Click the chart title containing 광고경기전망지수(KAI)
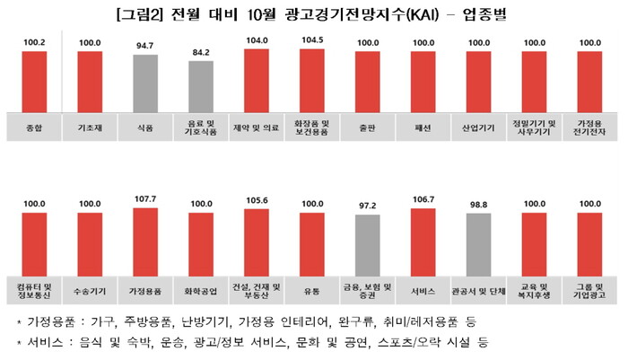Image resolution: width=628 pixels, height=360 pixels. tap(314, 13)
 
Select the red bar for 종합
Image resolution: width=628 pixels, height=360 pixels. tap(33, 81)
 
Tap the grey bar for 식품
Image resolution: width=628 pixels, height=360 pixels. tap(145, 83)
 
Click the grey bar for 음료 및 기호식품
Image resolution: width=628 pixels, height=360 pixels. tap(201, 86)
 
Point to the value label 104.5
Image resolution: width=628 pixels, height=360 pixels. tap(311, 40)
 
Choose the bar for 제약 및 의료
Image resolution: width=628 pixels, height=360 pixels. tap(257, 79)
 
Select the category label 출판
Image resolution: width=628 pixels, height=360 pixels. tap(368, 127)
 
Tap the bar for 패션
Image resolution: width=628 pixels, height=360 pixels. tap(423, 81)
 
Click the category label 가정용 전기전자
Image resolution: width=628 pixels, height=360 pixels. tap(589, 127)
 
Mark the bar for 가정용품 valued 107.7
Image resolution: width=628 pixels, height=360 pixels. tap(145, 240)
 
